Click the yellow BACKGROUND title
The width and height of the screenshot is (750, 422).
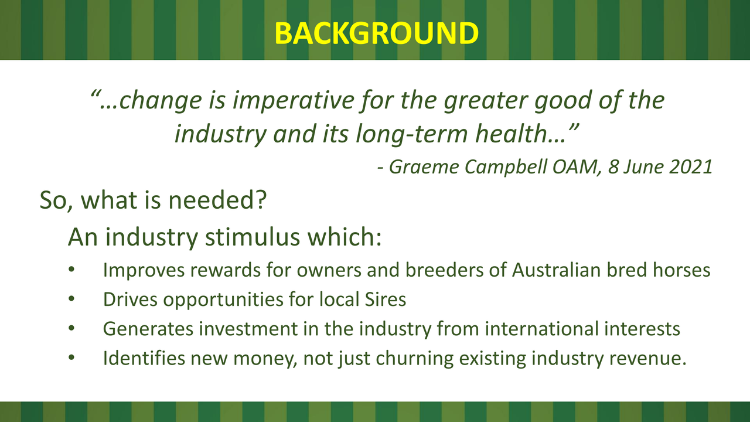coord(376,33)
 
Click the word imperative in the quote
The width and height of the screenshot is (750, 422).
coord(293,100)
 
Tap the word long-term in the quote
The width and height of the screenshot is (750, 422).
coord(411,134)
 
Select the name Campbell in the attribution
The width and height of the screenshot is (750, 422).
coord(506,167)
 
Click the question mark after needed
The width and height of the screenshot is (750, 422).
coord(261,200)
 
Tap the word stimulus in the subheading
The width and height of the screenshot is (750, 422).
coord(253,237)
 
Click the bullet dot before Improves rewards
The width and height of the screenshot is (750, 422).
coord(71,270)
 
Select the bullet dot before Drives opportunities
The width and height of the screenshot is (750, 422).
coord(71,299)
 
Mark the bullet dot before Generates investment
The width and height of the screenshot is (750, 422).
coord(71,328)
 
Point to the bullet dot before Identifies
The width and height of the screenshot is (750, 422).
coord(71,358)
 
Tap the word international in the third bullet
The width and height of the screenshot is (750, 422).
coord(541,329)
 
